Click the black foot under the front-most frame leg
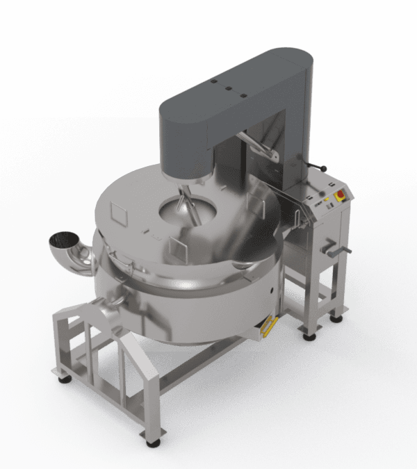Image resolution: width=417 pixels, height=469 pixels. [152, 443]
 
